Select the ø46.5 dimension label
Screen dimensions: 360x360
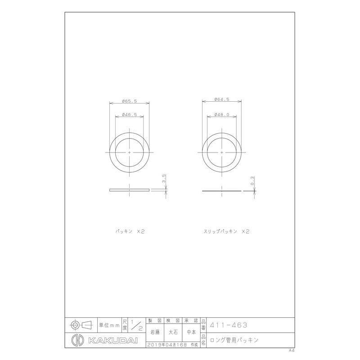130,116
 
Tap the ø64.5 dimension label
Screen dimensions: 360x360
223,99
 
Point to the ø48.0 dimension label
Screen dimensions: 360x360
223,115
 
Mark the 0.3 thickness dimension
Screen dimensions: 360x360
253,182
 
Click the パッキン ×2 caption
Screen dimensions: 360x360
129,231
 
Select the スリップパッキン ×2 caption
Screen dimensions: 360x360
226,231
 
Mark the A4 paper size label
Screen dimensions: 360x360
292,350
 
